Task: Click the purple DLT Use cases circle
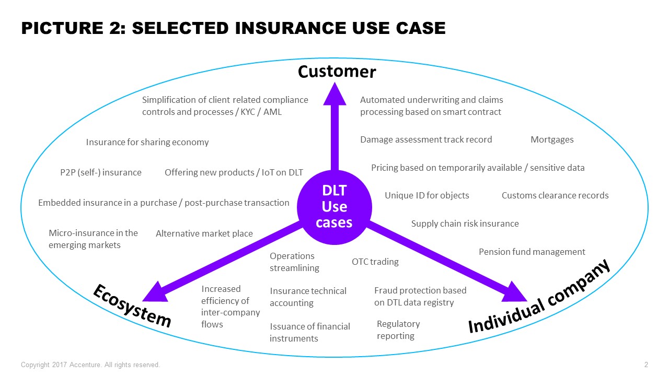tap(334, 207)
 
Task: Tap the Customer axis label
tap(337, 71)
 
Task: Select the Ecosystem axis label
tap(132, 305)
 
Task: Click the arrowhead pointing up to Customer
tap(331, 94)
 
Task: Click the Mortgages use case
tap(552, 139)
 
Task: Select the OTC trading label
tap(375, 262)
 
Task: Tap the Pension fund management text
tap(532, 252)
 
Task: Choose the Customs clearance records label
tap(555, 195)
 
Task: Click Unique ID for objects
tap(426, 195)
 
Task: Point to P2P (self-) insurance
tap(101, 172)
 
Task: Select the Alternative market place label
tap(204, 233)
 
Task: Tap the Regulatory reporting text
tap(398, 330)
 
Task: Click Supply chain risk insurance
tap(465, 224)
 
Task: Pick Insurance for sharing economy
tap(147, 142)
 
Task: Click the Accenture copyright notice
tap(90, 365)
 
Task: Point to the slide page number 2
tap(646, 365)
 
